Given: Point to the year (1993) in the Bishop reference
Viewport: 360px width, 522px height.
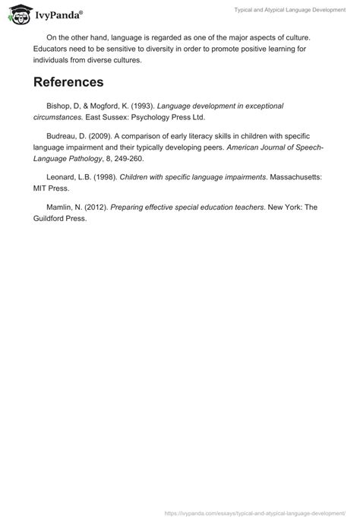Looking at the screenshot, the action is [x=143, y=106].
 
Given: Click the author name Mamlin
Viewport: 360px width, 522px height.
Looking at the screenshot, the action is [x=61, y=207].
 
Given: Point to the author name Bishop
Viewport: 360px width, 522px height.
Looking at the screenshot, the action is [x=60, y=106].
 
